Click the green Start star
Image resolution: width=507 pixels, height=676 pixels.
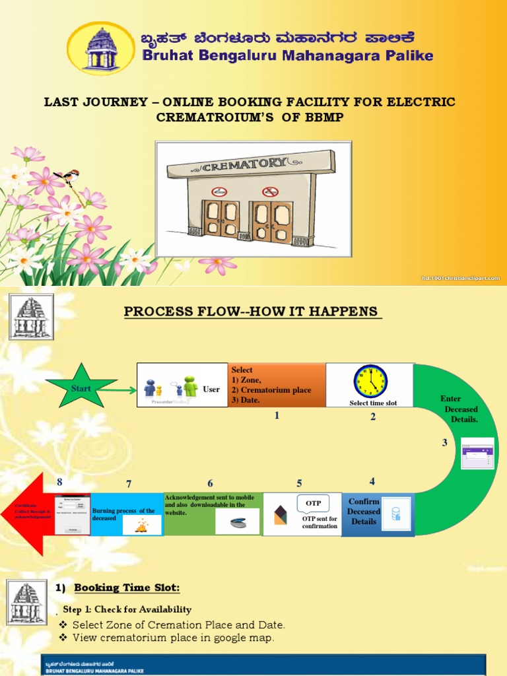pos(81,389)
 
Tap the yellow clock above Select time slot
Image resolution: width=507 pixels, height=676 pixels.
pos(370,382)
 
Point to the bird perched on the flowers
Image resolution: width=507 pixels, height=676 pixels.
pos(69,175)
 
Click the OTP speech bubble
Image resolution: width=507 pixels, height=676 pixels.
pos(313,503)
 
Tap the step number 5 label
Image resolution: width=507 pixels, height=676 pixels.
pos(299,483)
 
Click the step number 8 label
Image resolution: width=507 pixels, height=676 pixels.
pos(59,481)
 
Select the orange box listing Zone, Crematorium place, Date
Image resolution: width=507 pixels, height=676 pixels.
pos(277,385)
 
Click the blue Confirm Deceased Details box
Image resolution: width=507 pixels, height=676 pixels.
pos(378,514)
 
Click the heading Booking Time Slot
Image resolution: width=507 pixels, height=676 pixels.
pos(127,588)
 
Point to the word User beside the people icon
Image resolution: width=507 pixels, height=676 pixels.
pos(211,389)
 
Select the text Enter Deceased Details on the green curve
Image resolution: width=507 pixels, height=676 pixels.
pos(460,409)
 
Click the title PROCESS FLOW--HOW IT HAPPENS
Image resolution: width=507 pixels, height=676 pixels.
pos(253,312)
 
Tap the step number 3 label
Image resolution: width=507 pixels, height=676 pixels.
pos(445,443)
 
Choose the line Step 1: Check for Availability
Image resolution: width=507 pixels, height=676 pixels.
pos(127,609)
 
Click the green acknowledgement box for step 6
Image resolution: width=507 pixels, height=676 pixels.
pos(213,514)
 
